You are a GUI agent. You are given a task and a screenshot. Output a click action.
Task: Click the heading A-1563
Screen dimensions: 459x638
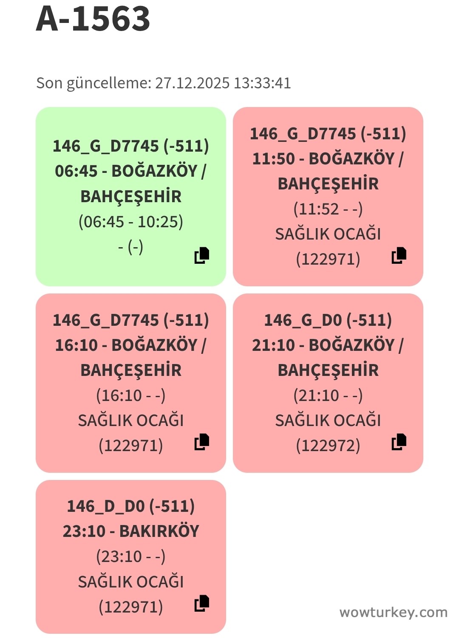point(93,19)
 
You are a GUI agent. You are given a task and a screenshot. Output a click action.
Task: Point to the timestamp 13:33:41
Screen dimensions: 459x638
point(262,83)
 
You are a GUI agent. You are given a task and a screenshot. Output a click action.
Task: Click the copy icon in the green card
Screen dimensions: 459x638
point(202,255)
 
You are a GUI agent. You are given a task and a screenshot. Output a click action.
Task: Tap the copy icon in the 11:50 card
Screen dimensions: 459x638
point(399,255)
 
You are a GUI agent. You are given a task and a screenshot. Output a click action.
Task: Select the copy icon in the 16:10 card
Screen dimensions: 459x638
point(202,442)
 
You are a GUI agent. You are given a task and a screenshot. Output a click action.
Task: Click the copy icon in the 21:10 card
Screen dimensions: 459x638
point(399,442)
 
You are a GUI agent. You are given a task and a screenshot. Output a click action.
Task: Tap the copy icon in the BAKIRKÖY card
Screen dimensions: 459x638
point(202,603)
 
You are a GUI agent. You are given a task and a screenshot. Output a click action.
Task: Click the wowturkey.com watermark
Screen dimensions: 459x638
point(393,612)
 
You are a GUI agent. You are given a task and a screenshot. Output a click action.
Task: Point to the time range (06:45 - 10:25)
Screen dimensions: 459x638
point(131,222)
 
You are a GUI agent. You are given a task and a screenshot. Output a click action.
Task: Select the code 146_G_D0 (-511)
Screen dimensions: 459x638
point(328,320)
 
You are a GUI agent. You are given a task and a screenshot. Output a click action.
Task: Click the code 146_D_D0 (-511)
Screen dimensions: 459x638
point(131,506)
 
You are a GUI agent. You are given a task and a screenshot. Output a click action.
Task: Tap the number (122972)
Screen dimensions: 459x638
point(328,446)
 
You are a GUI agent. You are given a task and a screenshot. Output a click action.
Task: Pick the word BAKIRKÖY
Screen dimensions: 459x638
point(159,531)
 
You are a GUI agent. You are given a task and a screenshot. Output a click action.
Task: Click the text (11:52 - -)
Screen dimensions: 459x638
point(328,209)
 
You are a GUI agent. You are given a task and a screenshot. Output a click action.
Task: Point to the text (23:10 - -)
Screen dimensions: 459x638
point(131,556)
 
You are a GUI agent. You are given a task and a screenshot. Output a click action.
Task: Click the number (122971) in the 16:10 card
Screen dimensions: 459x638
point(131,446)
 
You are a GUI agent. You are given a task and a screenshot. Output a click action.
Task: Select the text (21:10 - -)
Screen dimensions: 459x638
point(328,395)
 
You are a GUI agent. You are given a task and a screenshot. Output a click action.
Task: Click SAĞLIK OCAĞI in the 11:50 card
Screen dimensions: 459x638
point(328,234)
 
